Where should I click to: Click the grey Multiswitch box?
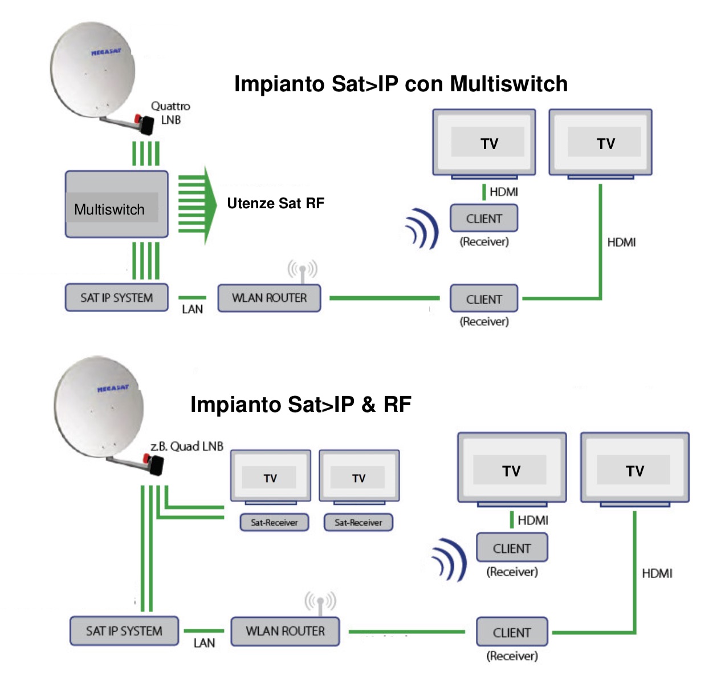[116, 204]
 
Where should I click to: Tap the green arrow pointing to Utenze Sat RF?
[197, 205]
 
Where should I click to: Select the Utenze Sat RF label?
[275, 204]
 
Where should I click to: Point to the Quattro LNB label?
[170, 113]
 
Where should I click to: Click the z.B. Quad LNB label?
[186, 446]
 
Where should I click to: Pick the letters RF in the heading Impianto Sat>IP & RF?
[397, 405]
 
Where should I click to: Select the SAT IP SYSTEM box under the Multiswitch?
[116, 298]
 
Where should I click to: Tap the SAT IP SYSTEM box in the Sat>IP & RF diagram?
[124, 631]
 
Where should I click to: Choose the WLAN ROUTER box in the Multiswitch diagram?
[269, 298]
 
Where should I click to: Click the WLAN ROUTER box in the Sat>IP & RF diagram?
[285, 631]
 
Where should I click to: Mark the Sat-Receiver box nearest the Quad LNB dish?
[274, 522]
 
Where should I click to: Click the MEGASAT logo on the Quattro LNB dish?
[106, 52]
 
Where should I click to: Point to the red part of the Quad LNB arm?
[146, 458]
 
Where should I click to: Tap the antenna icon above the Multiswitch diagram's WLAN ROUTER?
[302, 270]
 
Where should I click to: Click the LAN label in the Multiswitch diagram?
[192, 309]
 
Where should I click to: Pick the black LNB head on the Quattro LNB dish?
[146, 125]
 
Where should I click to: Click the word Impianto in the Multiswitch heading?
[279, 84]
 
